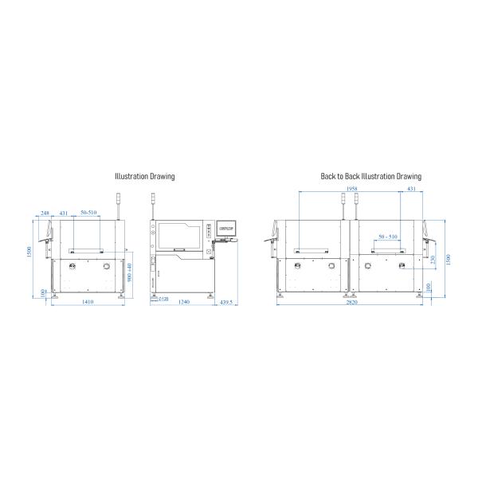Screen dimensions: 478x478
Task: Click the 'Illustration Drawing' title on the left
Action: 144,176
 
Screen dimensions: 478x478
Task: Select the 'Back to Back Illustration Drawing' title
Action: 370,176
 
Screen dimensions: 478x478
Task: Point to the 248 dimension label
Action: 45,213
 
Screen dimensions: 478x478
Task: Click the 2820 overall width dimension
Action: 352,303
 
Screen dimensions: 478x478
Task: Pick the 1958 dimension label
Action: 352,189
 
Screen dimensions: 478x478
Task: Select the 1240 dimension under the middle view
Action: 183,303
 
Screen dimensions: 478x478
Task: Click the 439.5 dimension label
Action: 227,303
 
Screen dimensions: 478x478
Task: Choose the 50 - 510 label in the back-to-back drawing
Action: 388,237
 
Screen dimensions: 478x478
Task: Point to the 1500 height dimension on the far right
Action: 448,260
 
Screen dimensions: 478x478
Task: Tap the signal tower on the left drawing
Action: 119,206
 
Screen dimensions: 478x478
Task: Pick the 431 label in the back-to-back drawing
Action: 411,189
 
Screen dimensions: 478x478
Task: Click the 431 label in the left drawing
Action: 64,213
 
